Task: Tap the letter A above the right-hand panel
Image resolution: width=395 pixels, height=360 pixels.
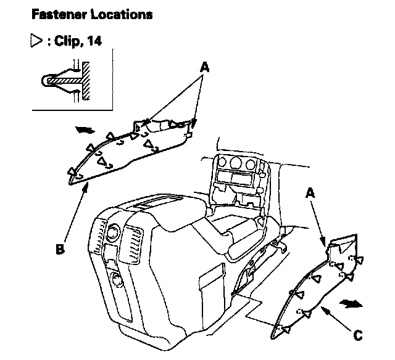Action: pos(312,192)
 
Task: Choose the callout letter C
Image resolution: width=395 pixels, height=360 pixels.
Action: pos(357,335)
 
